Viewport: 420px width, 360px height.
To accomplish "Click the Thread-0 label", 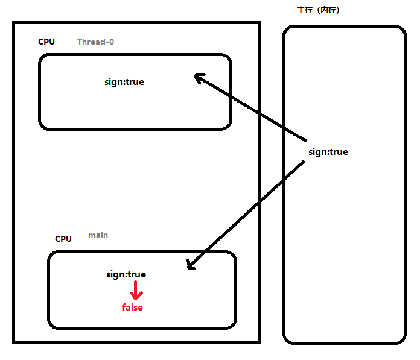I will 95,42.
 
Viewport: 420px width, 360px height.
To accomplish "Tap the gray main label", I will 98,235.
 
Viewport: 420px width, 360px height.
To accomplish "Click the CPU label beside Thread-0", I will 46,42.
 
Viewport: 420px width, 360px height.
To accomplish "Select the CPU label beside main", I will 63,239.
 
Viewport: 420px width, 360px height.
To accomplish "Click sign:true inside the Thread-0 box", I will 124,82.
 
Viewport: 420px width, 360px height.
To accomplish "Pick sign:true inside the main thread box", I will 126,274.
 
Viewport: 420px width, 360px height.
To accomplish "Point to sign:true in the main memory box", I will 328,152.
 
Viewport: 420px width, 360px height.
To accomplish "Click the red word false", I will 132,308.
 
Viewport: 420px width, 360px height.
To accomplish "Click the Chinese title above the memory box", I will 323,10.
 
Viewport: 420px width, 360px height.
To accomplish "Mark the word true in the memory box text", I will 339,152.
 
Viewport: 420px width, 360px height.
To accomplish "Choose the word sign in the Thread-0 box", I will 113,82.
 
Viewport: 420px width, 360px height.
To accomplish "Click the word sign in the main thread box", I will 115,274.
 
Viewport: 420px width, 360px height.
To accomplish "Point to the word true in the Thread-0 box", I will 135,82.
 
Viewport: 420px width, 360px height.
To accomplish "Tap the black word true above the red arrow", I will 137,274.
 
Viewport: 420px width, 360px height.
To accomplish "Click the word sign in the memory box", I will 317,152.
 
